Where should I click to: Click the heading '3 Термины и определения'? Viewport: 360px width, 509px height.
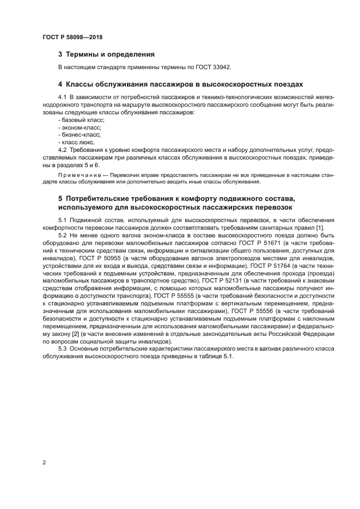[x=106, y=54]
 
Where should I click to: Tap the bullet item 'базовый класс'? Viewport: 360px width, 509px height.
[x=81, y=119]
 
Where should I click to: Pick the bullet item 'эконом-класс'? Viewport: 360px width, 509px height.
[x=80, y=126]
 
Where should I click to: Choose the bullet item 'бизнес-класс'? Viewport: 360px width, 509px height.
[x=80, y=134]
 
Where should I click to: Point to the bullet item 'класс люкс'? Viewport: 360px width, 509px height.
[x=77, y=141]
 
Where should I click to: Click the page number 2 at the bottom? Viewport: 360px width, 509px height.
[x=44, y=463]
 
